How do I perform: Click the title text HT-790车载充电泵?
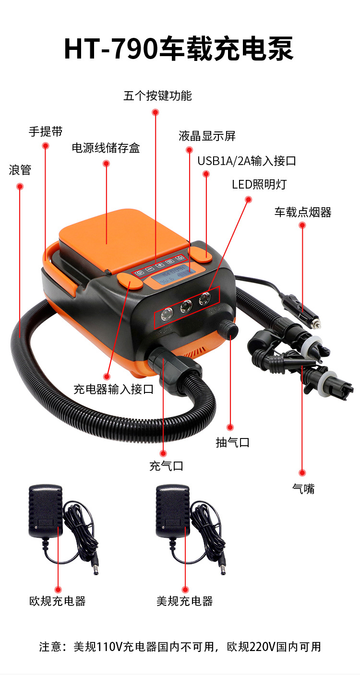179,49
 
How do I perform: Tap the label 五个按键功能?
157,96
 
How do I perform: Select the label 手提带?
46,131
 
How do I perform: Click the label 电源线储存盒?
106,148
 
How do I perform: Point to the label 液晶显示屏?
207,136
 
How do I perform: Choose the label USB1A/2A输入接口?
246,161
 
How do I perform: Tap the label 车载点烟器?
303,212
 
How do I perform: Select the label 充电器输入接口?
113,389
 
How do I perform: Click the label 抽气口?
232,442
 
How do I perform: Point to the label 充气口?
166,466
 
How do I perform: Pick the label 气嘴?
303,489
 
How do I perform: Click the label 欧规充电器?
58,601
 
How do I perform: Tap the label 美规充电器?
184,601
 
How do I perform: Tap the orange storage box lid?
122,235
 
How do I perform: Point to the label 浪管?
20,170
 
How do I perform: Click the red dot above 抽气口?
230,427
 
